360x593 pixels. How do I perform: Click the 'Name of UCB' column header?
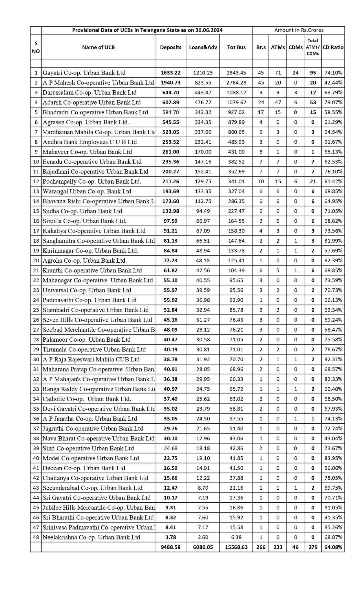click(x=98, y=47)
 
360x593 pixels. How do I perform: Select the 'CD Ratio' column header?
click(x=333, y=47)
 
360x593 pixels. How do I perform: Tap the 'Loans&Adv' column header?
click(x=203, y=47)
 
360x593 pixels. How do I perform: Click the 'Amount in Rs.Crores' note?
click(x=299, y=30)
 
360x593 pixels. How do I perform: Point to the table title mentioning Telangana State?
click(x=147, y=30)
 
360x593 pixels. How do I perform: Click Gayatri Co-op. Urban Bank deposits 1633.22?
click(x=171, y=73)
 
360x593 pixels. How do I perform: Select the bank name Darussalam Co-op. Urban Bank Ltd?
click(x=89, y=93)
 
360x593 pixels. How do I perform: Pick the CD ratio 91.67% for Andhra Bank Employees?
click(x=333, y=142)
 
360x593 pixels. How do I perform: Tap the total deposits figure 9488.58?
click(x=171, y=547)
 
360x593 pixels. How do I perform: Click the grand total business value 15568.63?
click(x=236, y=547)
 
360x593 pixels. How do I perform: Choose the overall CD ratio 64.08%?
click(x=333, y=547)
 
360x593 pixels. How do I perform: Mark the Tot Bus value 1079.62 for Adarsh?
click(x=236, y=103)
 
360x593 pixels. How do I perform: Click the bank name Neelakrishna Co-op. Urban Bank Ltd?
click(x=91, y=537)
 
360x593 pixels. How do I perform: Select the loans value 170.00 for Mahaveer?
click(x=203, y=152)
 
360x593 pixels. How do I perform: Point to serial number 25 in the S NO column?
click(x=36, y=310)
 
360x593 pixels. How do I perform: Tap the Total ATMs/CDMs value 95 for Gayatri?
click(x=313, y=73)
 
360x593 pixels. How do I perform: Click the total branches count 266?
click(x=261, y=547)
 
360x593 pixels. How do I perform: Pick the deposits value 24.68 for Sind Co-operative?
click(x=171, y=448)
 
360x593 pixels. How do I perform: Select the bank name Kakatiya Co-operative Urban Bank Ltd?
click(x=94, y=231)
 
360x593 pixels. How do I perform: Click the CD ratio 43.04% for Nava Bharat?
click(x=333, y=438)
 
